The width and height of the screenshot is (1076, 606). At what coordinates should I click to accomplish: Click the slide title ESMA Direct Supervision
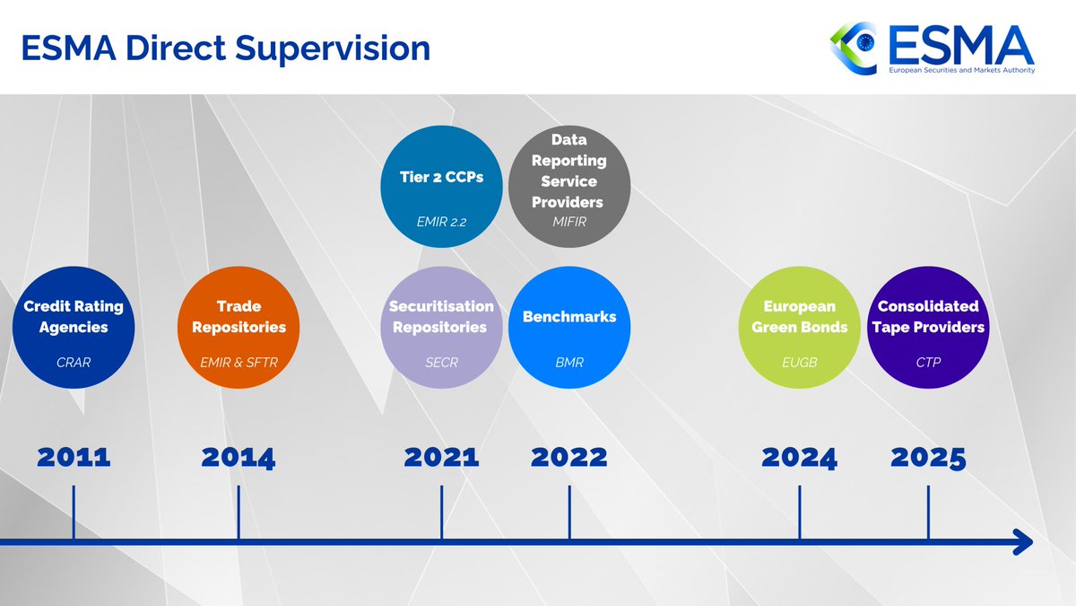226,48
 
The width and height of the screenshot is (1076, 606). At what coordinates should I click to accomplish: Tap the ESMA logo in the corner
933,48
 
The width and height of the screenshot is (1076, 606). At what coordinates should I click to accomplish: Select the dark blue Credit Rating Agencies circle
74,328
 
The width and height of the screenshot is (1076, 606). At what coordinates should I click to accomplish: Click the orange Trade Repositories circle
239,328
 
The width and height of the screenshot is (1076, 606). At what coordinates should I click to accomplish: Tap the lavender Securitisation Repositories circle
441,328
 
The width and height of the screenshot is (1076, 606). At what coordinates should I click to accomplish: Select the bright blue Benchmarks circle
569,328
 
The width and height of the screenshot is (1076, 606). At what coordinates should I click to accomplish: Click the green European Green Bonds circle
799,328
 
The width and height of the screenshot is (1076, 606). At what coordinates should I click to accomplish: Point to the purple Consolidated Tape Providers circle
928,328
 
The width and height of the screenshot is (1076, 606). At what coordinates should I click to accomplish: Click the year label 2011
74,457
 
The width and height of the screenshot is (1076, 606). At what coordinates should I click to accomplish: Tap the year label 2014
239,457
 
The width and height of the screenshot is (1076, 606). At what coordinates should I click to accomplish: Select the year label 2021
441,457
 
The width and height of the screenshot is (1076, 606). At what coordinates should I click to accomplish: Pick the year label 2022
569,457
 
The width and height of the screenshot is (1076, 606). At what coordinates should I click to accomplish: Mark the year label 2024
799,457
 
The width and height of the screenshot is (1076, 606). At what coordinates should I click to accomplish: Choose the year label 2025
928,457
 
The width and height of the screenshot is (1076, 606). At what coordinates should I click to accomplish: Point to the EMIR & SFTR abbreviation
239,364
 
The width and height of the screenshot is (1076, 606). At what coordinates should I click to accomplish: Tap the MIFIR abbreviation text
569,221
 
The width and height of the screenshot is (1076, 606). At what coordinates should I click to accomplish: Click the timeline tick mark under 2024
799,514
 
